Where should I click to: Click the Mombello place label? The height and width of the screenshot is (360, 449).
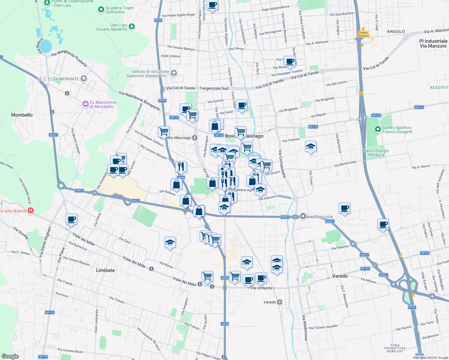click(22, 115)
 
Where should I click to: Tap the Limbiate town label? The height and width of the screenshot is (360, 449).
click(105, 270)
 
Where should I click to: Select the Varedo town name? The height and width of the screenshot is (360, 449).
click(340, 276)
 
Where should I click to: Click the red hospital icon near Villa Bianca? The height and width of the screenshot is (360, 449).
click(30, 211)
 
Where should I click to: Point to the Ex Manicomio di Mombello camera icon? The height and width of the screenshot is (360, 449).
click(86, 104)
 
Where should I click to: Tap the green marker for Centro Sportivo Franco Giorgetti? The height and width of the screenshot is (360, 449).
click(378, 130)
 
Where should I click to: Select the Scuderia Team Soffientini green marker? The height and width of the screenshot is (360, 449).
click(101, 10)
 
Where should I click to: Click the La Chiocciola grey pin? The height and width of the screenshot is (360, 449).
click(303, 216)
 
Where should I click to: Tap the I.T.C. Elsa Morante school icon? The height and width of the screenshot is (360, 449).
click(84, 79)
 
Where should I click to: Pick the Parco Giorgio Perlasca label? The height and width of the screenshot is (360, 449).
click(376, 153)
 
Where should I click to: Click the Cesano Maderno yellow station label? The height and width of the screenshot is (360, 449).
click(363, 34)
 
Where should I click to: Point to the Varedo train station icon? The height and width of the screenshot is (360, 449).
click(280, 302)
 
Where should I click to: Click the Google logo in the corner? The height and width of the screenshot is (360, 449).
click(10, 356)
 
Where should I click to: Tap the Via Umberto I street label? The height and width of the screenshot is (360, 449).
click(262, 288)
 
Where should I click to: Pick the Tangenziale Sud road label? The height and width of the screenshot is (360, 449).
click(214, 88)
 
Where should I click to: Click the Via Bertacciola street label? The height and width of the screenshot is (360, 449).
click(345, 164)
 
